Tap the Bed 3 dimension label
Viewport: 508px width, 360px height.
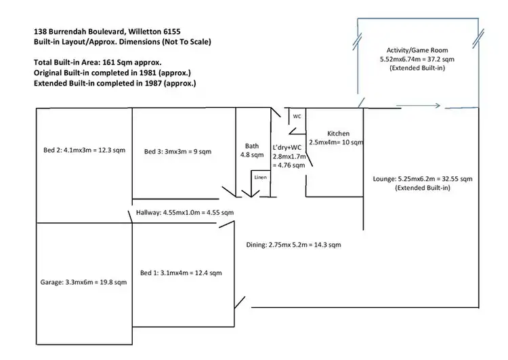tap(177, 151)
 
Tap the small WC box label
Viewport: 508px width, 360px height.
tap(297, 116)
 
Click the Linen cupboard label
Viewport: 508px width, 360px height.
tap(261, 178)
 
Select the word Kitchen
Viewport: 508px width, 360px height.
tap(337, 134)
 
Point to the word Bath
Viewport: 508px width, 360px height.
tap(252, 146)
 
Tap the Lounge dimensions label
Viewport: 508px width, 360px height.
tap(423, 179)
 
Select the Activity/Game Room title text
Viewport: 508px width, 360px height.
tap(417, 50)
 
